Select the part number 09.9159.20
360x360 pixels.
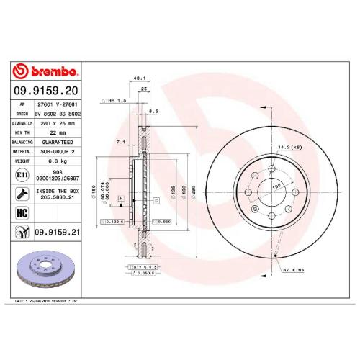tap(45, 91)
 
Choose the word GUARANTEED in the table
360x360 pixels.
tap(55, 142)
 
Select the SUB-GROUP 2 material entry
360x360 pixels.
tap(55, 152)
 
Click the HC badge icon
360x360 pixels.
tap(22, 213)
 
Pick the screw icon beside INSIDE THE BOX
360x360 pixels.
tap(22, 193)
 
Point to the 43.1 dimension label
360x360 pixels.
tap(140, 78)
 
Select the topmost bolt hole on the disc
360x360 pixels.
tap(271, 170)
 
